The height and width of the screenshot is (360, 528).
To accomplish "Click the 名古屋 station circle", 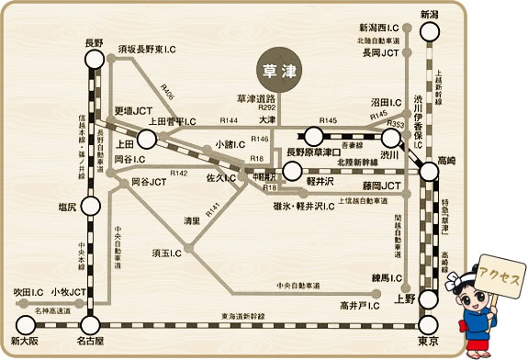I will (x=91, y=323).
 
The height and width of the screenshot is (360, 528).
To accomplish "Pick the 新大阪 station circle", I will (x=24, y=323).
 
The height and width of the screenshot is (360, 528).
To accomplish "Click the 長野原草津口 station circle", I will (x=292, y=170).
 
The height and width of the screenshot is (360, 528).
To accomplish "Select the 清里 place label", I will (x=190, y=221).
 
